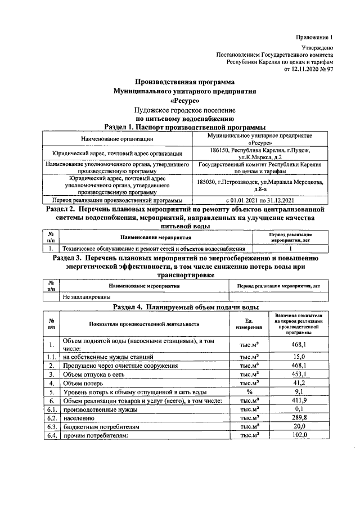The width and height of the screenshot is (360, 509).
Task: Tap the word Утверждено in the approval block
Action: (318, 49)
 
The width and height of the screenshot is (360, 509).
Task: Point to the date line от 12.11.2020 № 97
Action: (309, 69)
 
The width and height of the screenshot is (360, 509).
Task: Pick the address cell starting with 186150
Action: (259, 154)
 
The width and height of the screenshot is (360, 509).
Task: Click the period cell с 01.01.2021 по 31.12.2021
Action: (259, 200)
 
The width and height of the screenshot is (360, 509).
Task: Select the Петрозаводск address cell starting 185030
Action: (259, 185)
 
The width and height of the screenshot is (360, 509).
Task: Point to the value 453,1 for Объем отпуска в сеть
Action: (299, 374)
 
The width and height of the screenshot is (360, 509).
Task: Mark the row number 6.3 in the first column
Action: (52, 427)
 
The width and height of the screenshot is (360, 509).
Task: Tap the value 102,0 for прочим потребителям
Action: (299, 436)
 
